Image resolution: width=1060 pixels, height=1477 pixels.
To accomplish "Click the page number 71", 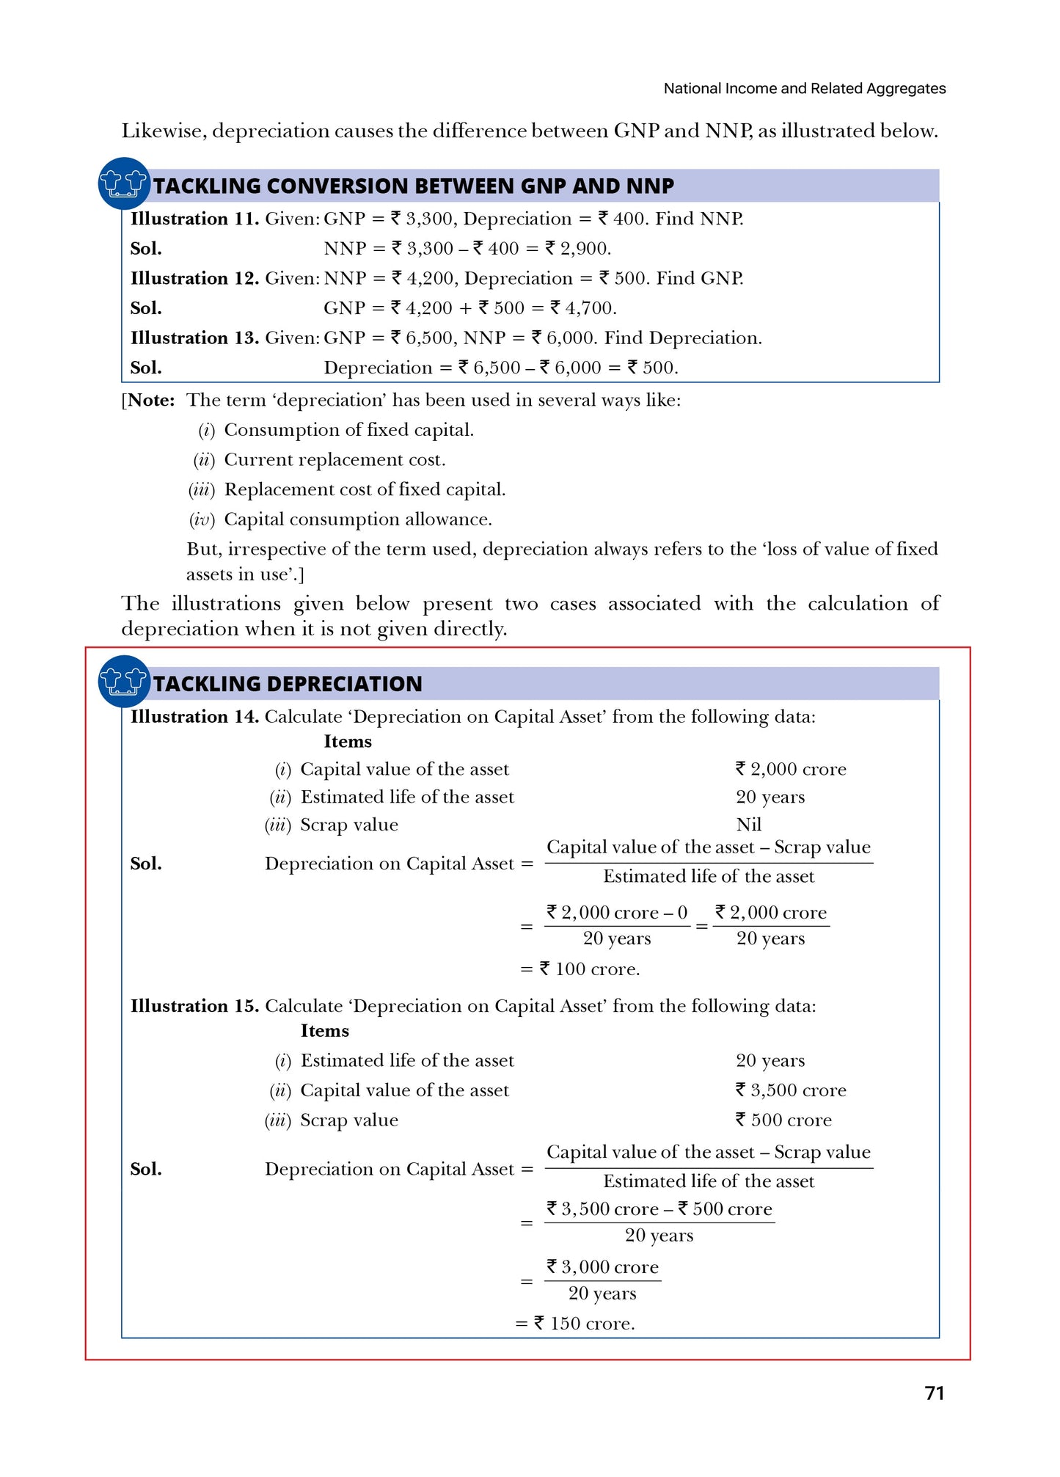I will [934, 1393].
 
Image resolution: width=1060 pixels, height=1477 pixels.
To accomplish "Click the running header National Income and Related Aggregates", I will [804, 89].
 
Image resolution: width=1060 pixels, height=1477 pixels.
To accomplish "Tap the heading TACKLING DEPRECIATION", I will [288, 684].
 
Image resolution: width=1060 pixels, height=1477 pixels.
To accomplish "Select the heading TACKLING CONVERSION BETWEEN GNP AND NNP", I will [413, 186].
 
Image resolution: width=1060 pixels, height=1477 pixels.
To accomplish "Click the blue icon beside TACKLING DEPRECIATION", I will [123, 681].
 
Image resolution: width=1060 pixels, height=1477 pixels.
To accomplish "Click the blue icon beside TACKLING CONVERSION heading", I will [123, 183].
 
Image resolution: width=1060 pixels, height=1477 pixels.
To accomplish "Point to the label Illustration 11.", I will [194, 219].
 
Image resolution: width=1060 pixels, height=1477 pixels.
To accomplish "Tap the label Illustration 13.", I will [194, 338].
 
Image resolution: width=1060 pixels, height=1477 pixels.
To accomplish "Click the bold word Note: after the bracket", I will [151, 401].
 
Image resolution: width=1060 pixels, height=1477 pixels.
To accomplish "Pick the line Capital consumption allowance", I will [357, 519].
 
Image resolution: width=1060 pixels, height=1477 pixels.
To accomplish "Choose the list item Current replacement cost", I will [335, 460].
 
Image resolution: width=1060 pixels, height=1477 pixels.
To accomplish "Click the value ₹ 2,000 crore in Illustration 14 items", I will [791, 769].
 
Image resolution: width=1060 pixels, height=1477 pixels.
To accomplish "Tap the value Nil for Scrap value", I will [748, 825].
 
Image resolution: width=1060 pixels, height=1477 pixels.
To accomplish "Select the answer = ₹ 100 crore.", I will [580, 969].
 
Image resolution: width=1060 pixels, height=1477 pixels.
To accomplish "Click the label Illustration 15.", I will [194, 1006].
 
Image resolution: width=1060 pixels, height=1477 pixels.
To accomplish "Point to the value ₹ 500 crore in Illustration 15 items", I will [783, 1120].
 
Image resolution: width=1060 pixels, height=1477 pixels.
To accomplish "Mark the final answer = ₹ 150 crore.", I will [575, 1324].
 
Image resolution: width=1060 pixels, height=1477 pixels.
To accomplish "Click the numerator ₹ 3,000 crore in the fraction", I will [602, 1267].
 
